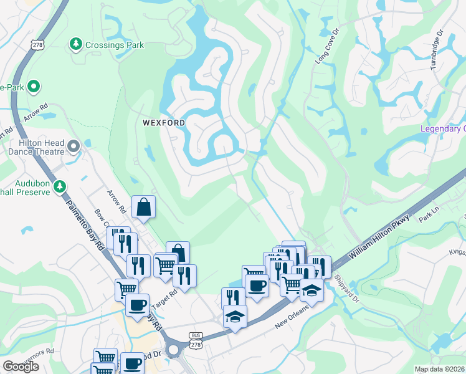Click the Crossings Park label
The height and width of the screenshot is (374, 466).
[x=115, y=45]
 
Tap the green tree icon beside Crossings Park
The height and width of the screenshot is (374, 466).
[x=75, y=44]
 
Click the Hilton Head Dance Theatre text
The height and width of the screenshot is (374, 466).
[x=38, y=147]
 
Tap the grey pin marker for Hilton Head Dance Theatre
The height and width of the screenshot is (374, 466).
[x=74, y=146]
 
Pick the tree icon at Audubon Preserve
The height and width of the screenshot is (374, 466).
[x=60, y=186]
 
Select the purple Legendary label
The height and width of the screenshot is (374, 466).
[x=443, y=129]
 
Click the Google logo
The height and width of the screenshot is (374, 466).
[x=21, y=367]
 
